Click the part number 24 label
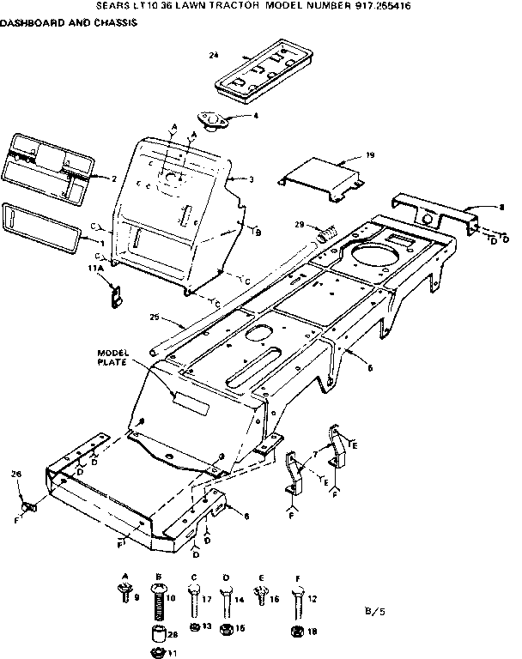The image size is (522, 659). pyautogui.click(x=213, y=55)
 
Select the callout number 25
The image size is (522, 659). pyautogui.click(x=155, y=317)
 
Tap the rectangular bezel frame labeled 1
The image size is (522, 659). pyautogui.click(x=43, y=228)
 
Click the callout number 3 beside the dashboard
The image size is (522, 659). pyautogui.click(x=251, y=178)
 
